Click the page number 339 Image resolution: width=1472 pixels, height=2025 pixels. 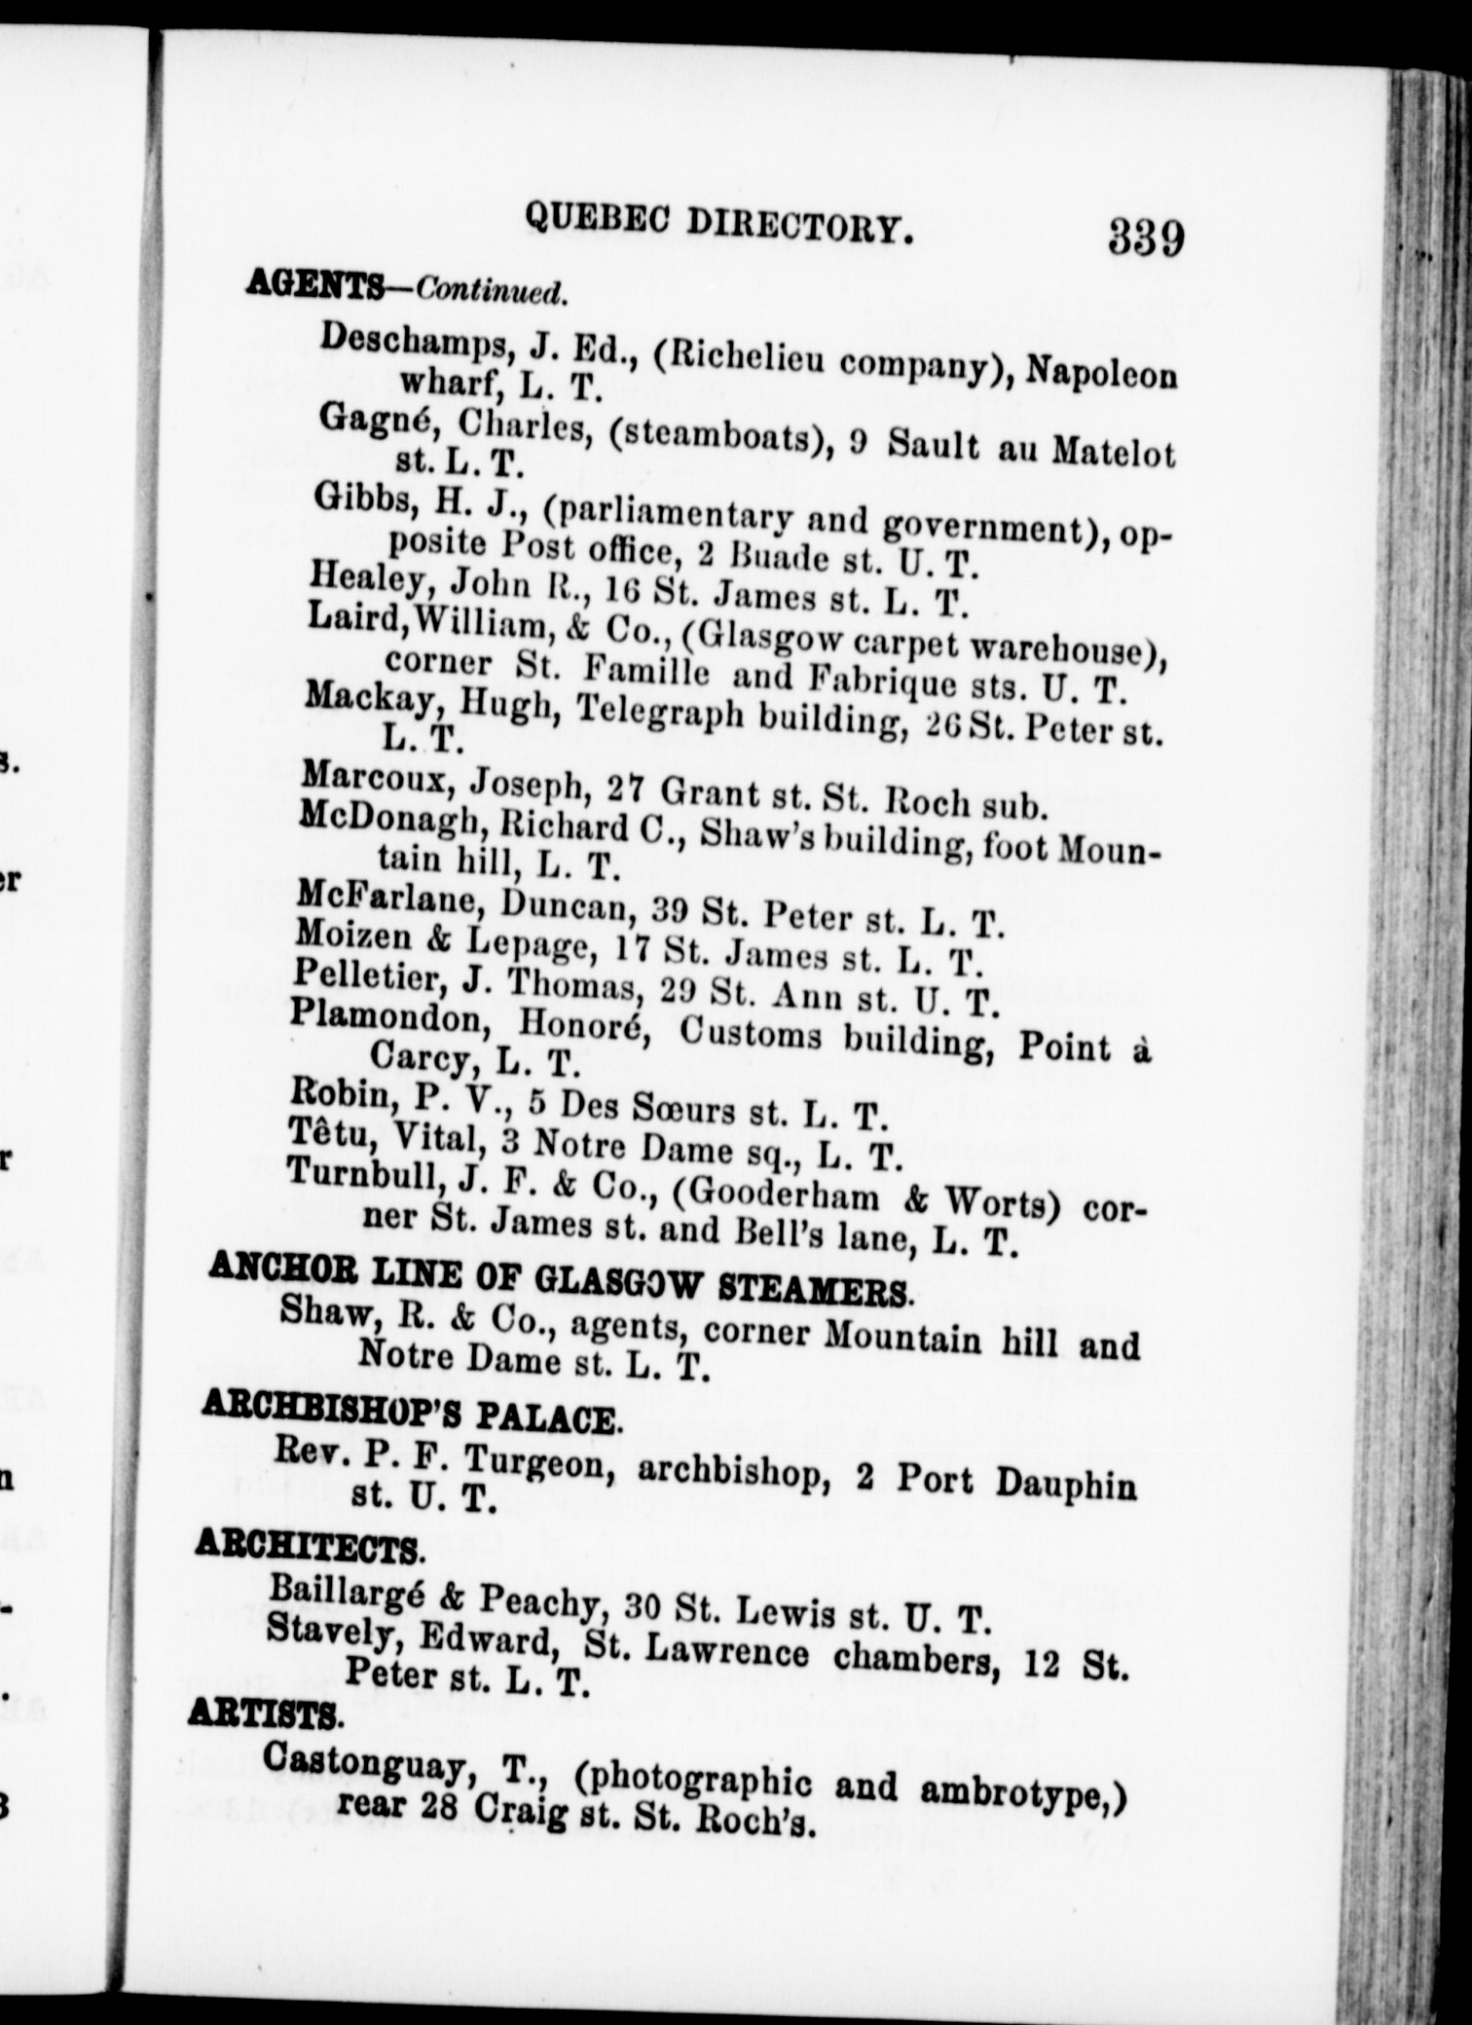1145,237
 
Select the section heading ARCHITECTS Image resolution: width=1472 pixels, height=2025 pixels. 309,1547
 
